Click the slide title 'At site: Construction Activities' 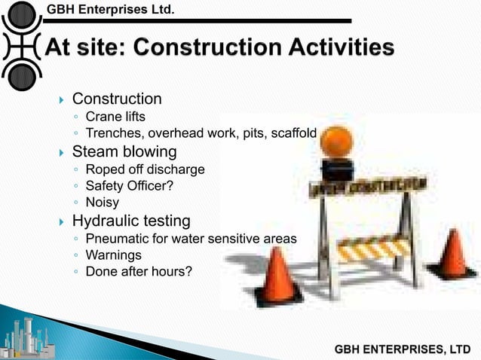point(219,48)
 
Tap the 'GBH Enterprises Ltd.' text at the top point(110,9)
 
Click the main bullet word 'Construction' point(116,99)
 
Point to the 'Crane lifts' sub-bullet point(115,117)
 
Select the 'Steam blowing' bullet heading point(124,152)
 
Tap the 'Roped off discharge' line point(145,169)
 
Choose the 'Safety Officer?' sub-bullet point(130,186)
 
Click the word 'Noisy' point(103,203)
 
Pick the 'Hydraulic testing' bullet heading point(130,221)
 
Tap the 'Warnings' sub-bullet point(113,255)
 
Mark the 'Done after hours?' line point(139,272)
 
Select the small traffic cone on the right point(452,254)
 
